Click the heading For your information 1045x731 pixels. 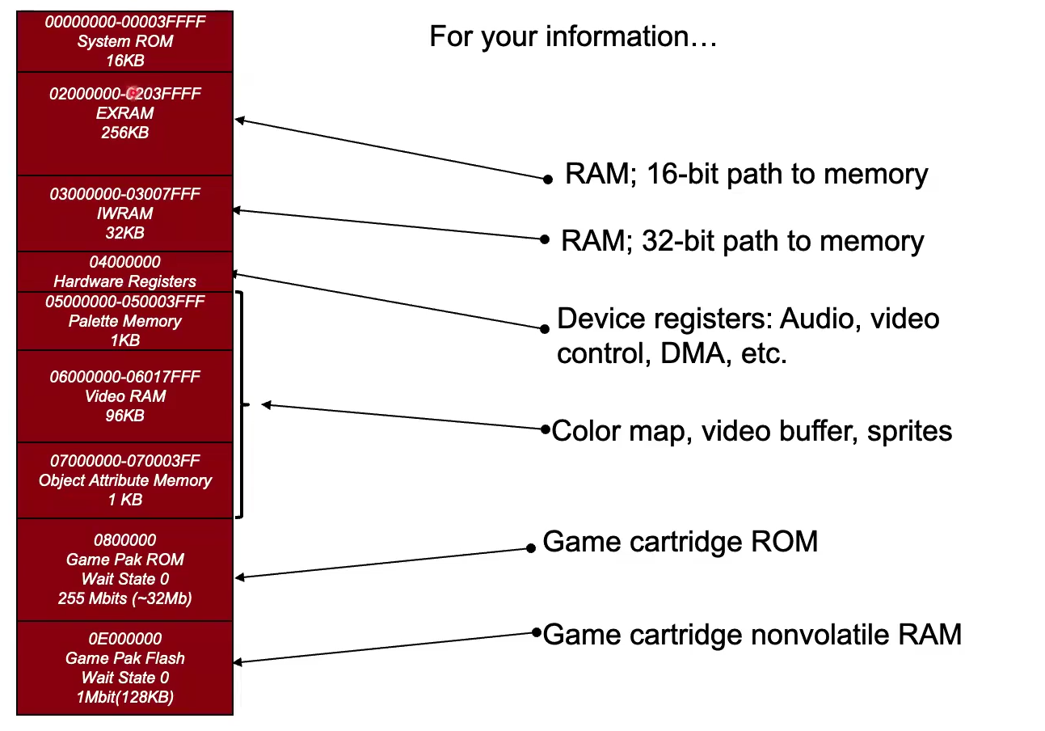click(572, 37)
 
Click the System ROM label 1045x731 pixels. click(125, 41)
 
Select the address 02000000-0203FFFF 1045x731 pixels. click(125, 94)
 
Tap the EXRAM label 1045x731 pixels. click(125, 113)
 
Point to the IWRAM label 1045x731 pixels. click(125, 213)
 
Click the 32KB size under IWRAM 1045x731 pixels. click(125, 233)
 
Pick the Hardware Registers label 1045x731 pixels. click(125, 281)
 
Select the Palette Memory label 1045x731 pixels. click(125, 321)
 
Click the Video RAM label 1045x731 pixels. click(125, 396)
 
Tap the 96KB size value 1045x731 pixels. click(125, 416)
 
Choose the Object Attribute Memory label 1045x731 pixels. click(125, 480)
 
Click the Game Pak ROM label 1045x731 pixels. click(125, 560)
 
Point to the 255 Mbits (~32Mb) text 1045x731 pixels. click(125, 598)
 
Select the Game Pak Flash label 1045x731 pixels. click(125, 658)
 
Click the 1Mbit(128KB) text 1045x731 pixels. click(125, 697)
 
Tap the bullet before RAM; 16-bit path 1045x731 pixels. click(548, 179)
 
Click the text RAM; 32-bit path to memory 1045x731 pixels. click(742, 241)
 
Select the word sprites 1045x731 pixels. click(909, 431)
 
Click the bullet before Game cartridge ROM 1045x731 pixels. click(531, 548)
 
